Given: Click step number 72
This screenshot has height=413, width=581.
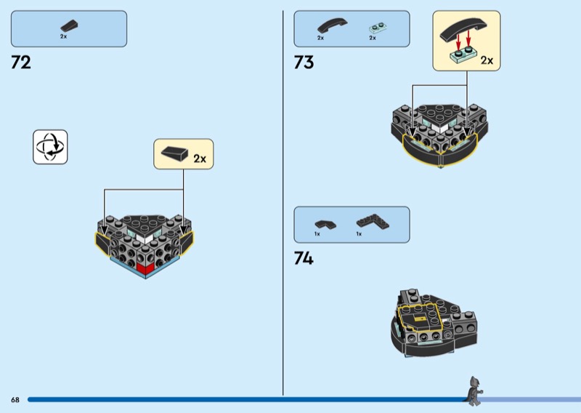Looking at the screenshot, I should click(21, 63).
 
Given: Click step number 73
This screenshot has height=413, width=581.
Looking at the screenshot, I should click(304, 63).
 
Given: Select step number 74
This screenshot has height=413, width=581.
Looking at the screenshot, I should click(304, 258).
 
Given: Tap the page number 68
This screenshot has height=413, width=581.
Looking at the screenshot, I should click(15, 400).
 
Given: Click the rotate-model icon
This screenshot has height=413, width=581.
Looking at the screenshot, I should click(50, 147).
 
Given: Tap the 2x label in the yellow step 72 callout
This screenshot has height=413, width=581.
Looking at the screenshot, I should click(199, 157).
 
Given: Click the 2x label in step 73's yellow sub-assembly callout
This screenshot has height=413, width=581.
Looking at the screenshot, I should click(487, 60).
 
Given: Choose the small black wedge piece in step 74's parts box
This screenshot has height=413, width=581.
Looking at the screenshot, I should click(321, 223).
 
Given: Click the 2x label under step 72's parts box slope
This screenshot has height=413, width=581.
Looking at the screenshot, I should click(63, 37).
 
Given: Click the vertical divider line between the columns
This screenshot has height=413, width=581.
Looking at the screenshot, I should click(283, 204).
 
